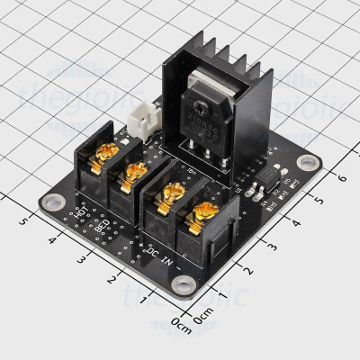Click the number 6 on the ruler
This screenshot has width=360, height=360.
(x=340, y=177)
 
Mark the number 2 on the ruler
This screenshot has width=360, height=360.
(x=111, y=280)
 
